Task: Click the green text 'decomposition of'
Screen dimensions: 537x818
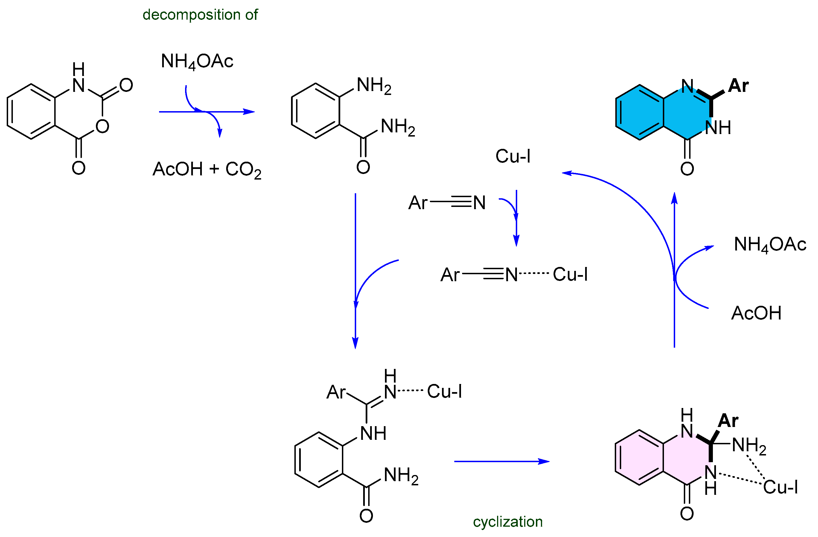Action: coord(200,15)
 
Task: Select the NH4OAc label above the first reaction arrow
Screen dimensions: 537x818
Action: coord(197,62)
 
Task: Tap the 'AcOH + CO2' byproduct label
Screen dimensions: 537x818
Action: coord(207,169)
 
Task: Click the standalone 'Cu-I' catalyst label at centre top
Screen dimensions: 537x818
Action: coord(513,156)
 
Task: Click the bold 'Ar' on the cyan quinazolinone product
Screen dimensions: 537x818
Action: coord(738,86)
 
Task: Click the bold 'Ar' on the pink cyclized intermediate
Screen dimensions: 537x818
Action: coord(728,421)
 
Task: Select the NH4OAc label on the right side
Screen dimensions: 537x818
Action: coord(770,244)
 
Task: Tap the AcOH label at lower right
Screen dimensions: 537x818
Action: coord(756,313)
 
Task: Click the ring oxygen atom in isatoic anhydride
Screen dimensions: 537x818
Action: coord(102,126)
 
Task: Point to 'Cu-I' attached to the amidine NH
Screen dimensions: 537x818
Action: coord(444,392)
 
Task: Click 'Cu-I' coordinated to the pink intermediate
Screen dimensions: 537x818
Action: coord(780,487)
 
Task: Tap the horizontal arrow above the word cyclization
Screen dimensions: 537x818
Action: coord(502,462)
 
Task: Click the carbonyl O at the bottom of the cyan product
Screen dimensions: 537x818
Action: coord(687,169)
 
